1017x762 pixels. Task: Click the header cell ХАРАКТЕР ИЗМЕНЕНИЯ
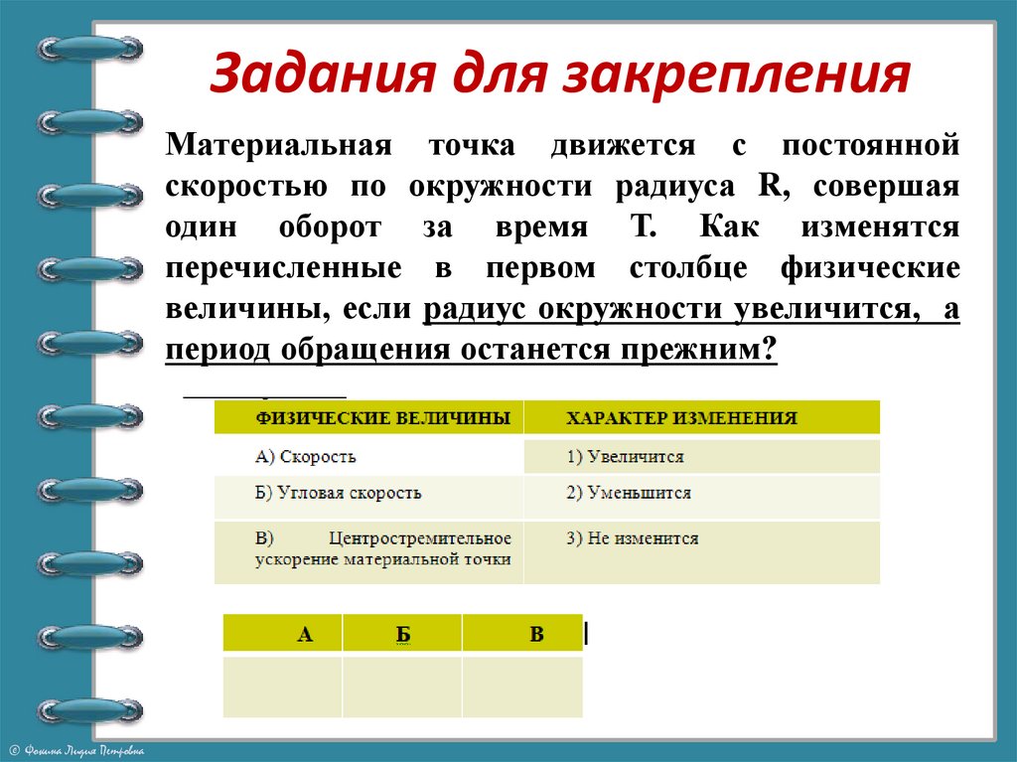pyautogui.click(x=681, y=418)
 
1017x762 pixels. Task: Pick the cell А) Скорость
pyautogui.click(x=306, y=457)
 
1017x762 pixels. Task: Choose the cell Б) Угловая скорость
pyautogui.click(x=339, y=493)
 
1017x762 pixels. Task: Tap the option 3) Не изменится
pyautogui.click(x=633, y=538)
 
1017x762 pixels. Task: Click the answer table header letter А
pyautogui.click(x=304, y=634)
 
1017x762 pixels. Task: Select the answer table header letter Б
pyautogui.click(x=402, y=634)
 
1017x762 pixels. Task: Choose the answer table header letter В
pyautogui.click(x=536, y=634)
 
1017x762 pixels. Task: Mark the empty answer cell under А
pyautogui.click(x=283, y=686)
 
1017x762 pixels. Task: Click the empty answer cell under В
pyautogui.click(x=522, y=686)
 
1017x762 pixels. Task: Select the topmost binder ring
pyautogui.click(x=89, y=48)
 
